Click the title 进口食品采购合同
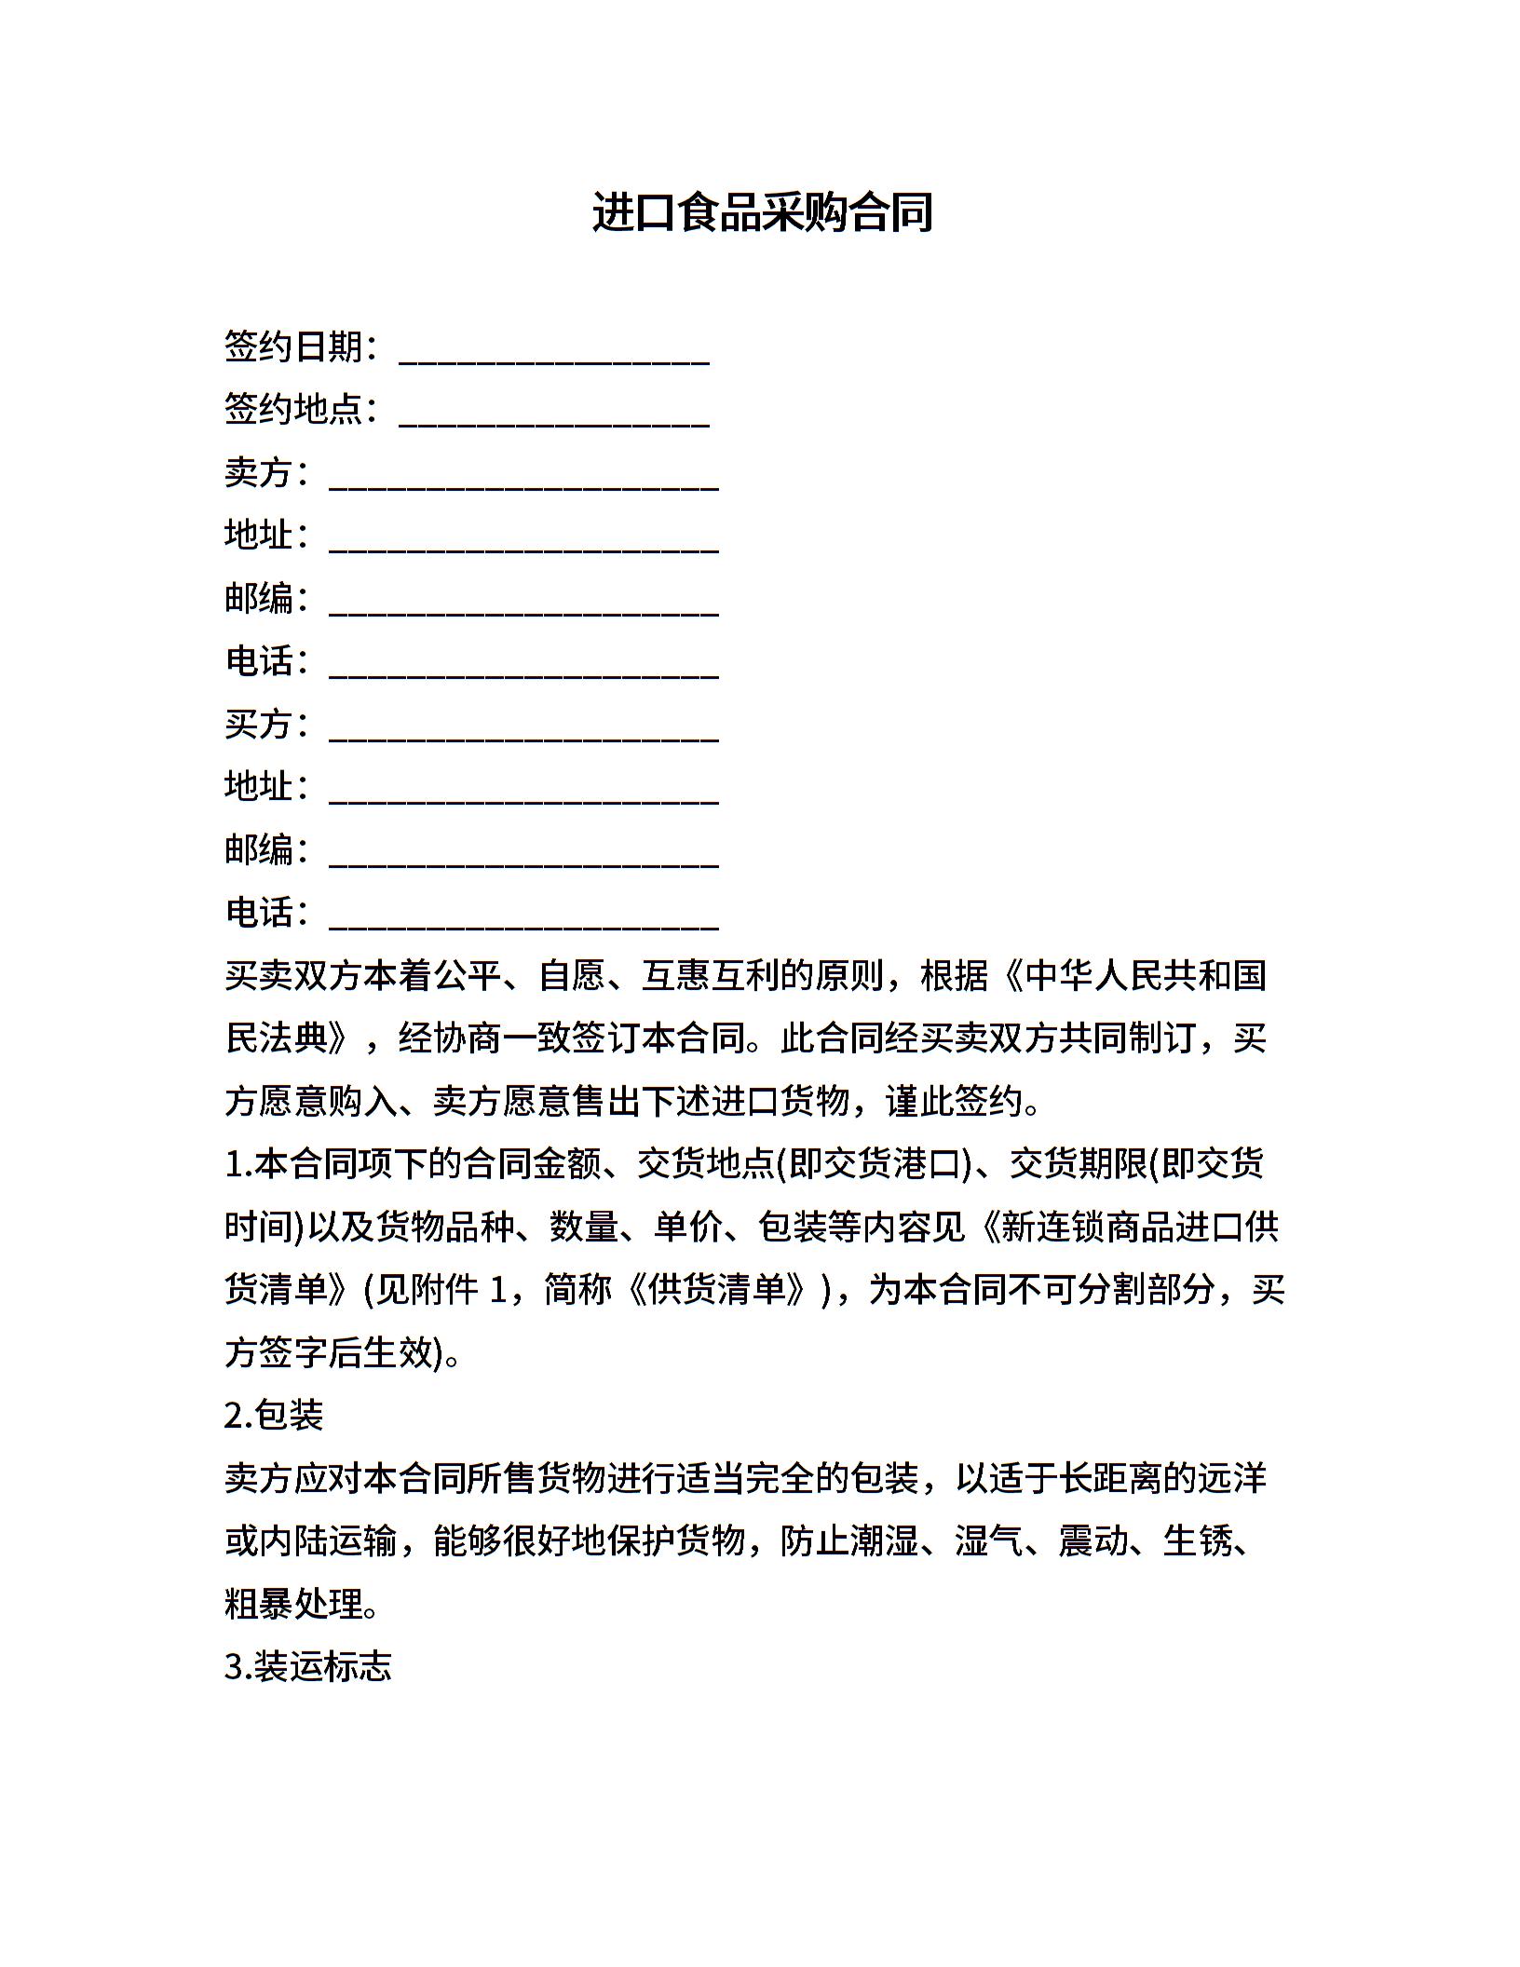[762, 212]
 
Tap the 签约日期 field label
[293, 347]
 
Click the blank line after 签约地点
[554, 412]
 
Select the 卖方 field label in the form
[259, 473]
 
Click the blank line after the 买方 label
[523, 727]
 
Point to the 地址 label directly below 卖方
[259, 536]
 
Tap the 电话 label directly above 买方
[259, 661]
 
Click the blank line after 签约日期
[554, 349]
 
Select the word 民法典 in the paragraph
[277, 1038]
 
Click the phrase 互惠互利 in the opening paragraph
[711, 976]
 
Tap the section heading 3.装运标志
[308, 1666]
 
